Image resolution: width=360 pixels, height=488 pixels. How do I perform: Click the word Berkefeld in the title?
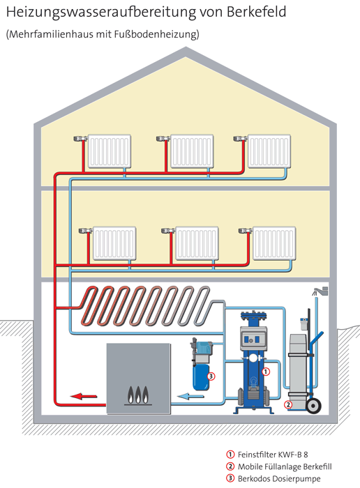click(256, 12)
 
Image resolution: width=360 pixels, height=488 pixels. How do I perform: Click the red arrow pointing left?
click(84, 396)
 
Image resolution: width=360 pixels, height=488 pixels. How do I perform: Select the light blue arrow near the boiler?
click(190, 396)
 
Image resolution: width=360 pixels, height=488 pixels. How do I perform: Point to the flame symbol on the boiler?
click(138, 395)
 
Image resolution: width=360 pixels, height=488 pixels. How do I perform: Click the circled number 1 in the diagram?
click(266, 372)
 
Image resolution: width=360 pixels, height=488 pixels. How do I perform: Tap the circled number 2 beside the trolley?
click(288, 404)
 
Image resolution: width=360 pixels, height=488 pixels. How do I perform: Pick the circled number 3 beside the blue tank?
click(211, 376)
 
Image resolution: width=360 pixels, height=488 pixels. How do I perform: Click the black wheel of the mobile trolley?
click(313, 406)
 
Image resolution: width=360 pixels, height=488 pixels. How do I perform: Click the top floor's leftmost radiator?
click(110, 151)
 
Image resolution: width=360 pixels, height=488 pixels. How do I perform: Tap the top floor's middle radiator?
click(192, 151)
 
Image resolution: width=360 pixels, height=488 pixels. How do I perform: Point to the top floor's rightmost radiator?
click(269, 151)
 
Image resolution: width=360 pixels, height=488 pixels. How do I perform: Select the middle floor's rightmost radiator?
click(274, 243)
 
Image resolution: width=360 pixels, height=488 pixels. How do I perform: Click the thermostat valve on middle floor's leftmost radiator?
click(86, 231)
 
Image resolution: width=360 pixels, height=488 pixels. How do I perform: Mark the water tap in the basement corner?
click(320, 291)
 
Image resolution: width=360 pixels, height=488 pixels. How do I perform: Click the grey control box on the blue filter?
click(254, 338)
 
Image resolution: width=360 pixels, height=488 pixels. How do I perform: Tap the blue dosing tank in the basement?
click(201, 377)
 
